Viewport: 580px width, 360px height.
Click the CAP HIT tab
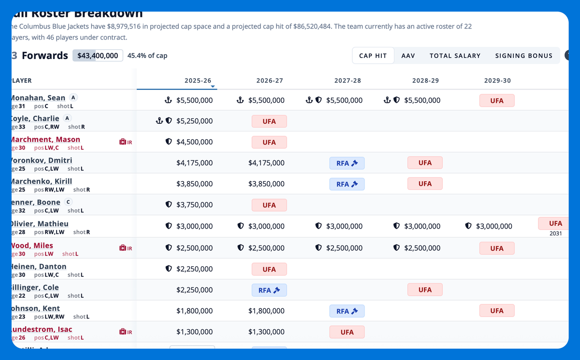373,56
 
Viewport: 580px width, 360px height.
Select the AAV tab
408,56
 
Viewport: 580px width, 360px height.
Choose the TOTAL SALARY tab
455,56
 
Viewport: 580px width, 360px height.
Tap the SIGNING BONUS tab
523,56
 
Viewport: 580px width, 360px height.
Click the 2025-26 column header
198,81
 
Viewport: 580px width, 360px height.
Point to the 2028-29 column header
425,81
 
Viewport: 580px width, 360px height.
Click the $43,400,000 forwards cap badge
98,56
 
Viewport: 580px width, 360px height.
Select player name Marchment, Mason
45,139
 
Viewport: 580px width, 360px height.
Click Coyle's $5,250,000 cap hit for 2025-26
194,121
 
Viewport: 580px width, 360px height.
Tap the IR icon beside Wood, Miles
126,248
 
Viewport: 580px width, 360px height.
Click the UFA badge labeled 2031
555,224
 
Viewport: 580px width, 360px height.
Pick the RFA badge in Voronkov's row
347,163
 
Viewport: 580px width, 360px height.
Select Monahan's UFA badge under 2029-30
496,101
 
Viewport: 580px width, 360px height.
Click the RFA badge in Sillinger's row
269,290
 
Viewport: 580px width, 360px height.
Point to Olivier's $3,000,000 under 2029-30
494,226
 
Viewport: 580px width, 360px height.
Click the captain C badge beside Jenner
68,202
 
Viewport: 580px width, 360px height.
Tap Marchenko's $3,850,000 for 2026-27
266,184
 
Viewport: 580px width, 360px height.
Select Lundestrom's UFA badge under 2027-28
347,332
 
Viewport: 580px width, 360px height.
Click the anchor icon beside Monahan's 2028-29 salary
387,101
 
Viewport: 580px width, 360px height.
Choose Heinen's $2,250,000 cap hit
194,269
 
